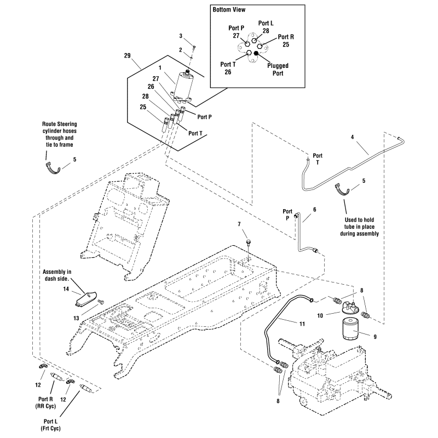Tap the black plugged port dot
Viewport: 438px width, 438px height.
(x=258, y=53)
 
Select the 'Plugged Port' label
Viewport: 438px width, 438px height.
(x=278, y=69)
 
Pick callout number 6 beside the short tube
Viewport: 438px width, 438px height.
(x=314, y=209)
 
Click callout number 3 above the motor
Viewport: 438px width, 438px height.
(x=181, y=36)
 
